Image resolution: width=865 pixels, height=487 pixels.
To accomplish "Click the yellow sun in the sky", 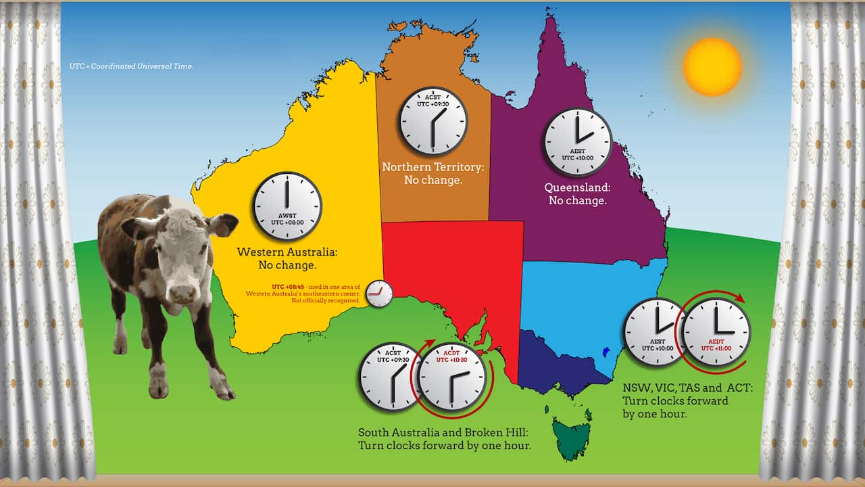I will click(712, 66).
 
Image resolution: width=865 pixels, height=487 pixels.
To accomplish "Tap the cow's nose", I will click(181, 292).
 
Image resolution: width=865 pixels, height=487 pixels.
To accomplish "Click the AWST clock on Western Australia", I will click(287, 206).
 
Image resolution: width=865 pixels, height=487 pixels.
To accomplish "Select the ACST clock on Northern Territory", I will click(432, 120).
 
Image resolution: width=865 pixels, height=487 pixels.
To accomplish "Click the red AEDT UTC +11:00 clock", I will click(716, 332).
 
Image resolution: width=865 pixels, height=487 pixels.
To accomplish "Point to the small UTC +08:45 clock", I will click(378, 294).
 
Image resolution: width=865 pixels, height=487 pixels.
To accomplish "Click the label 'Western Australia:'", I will click(287, 252).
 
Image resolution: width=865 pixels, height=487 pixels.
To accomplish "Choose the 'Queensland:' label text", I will click(577, 187).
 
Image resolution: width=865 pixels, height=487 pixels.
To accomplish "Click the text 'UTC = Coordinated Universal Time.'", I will click(131, 66).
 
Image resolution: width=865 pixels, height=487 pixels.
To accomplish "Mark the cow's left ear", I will click(223, 225).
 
